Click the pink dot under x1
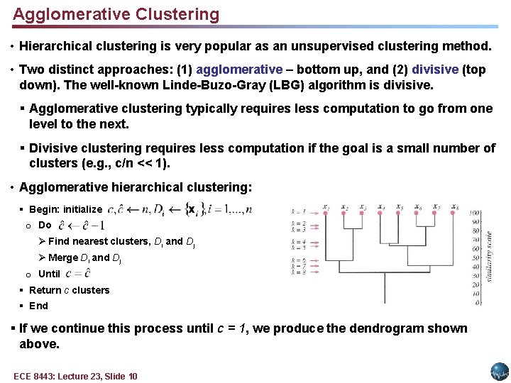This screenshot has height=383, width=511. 325,213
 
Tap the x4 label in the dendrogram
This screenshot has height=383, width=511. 381,207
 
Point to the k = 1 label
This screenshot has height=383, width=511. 298,211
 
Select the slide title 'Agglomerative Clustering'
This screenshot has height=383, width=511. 116,14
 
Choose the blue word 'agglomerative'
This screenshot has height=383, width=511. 239,70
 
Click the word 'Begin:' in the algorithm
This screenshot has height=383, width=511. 45,209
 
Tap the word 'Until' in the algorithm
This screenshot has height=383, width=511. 49,274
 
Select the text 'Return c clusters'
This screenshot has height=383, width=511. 69,290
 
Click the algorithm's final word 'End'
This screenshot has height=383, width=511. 38,306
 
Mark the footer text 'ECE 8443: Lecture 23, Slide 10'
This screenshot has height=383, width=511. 75,376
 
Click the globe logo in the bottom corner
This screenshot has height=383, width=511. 500,372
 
